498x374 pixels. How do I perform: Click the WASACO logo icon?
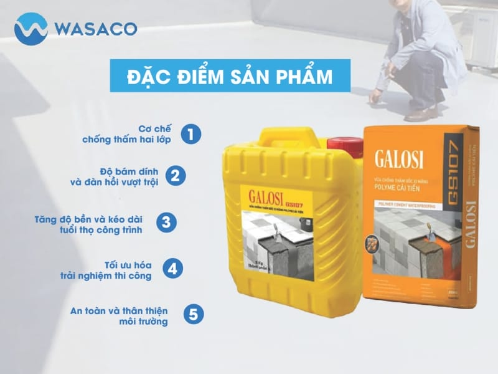coord(31,29)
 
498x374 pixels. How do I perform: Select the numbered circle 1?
coord(193,134)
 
